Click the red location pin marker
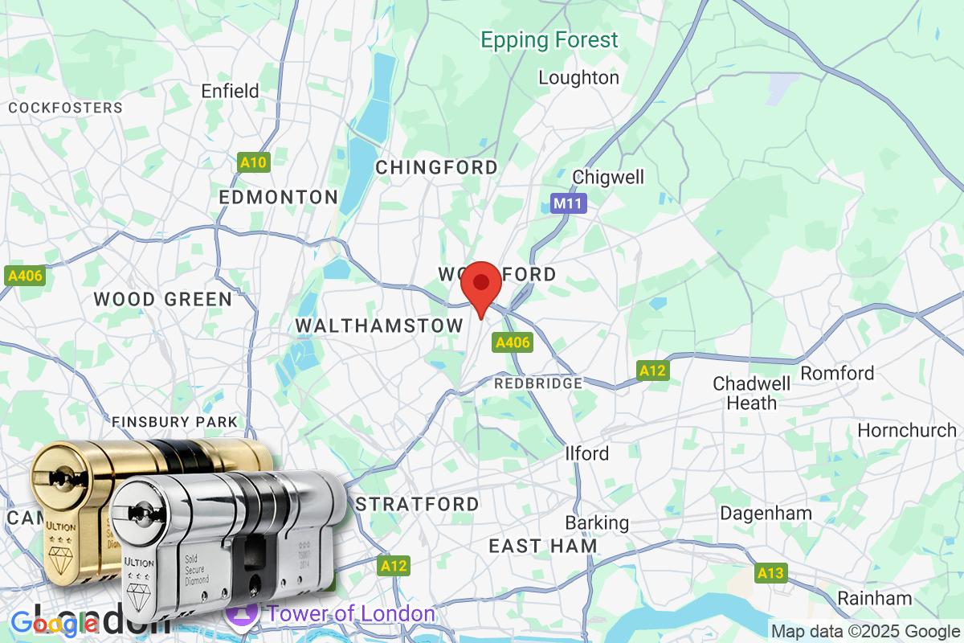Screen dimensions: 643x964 coord(481,288)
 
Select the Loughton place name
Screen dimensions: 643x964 coord(578,78)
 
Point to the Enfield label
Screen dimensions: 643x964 coord(230,91)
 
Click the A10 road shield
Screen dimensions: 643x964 coord(254,163)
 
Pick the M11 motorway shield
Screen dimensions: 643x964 coord(569,204)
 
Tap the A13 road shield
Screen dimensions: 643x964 coord(770,573)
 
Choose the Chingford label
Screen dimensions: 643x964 coord(436,167)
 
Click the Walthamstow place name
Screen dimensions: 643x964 coord(379,326)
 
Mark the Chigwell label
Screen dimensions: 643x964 coord(608,177)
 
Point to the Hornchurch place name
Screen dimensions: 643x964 coord(907,430)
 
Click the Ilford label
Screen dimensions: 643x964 coord(586,453)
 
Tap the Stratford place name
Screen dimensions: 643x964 coord(417,504)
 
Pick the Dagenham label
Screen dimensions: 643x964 coord(766,513)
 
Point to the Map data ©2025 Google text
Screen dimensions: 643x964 coord(866,631)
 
